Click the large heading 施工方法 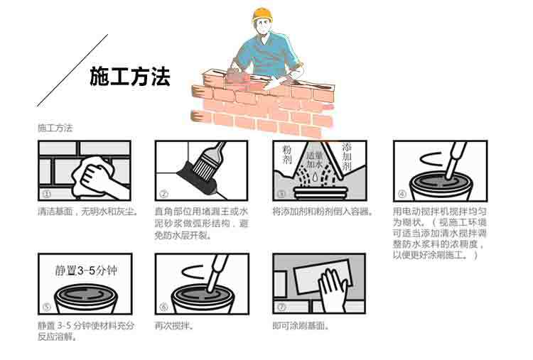coord(130,77)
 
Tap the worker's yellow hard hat coord(262,15)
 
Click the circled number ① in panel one coord(47,195)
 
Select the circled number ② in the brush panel coord(164,195)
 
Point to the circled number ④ coord(402,195)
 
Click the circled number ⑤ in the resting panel coord(47,307)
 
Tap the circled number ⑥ coord(164,307)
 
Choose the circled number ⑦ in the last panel coord(281,307)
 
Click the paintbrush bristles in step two coord(201,168)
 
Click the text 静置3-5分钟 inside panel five coord(86,271)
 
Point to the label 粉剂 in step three coord(287,155)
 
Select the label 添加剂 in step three coord(347,157)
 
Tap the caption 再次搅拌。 coord(174,326)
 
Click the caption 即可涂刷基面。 coord(301,326)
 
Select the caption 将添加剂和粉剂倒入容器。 coord(323,212)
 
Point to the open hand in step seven coord(333,289)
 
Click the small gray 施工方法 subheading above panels coord(55,128)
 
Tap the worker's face coord(262,27)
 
